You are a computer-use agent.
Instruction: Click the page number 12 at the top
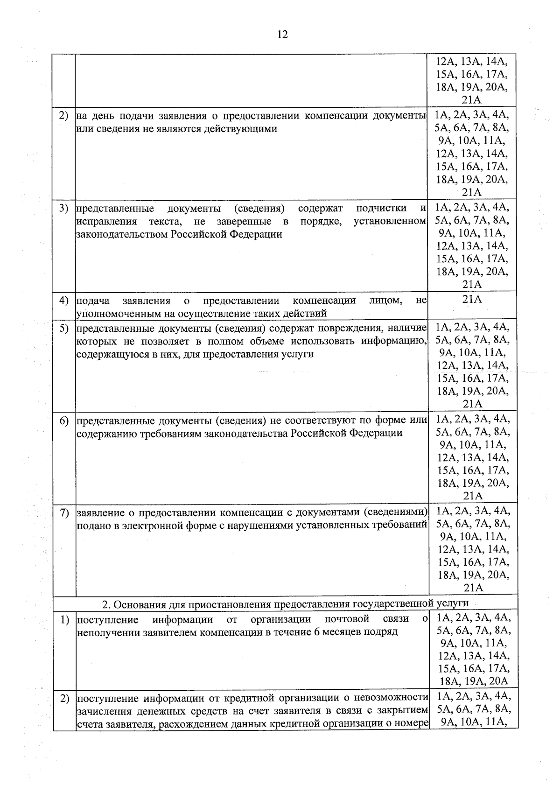[282, 35]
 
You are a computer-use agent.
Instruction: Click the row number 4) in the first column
[64, 300]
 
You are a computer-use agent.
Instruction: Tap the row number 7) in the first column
[64, 513]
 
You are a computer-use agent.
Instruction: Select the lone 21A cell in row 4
[472, 300]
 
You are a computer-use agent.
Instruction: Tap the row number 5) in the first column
[64, 328]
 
